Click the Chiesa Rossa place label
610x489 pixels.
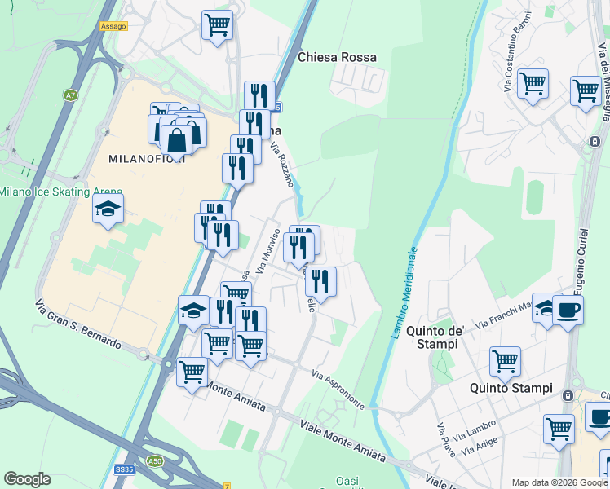(337, 57)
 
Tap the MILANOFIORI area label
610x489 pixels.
(147, 158)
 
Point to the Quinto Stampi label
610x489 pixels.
(511, 387)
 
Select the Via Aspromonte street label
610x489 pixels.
(337, 389)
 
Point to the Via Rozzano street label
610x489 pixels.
(281, 164)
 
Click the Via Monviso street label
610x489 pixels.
(269, 250)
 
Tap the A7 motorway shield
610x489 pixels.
(70, 95)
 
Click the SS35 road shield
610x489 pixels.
(124, 470)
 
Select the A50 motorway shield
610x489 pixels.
(155, 460)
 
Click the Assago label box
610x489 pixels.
(113, 26)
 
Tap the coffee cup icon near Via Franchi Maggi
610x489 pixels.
(568, 310)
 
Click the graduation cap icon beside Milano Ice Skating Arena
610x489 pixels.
(108, 209)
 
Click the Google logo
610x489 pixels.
(27, 479)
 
